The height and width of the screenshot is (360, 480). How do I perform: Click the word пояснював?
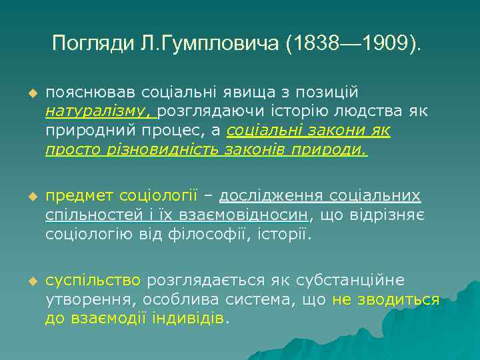[85, 91]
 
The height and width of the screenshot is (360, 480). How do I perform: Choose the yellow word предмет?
[79, 196]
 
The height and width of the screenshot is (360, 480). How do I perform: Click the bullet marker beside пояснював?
[30, 92]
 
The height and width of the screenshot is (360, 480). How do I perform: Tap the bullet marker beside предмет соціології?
[30, 197]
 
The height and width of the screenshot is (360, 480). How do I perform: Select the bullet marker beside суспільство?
[30, 281]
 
